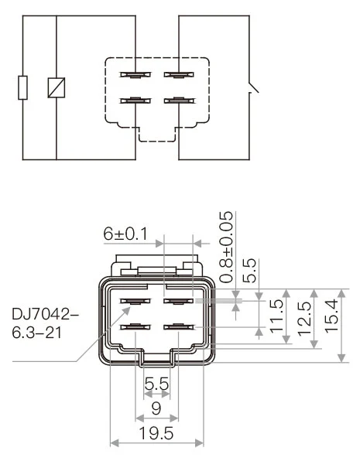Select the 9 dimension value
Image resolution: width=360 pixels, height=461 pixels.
156,408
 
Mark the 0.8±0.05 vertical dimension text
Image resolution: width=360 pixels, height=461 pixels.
227,246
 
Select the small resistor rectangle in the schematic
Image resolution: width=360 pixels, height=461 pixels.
23,87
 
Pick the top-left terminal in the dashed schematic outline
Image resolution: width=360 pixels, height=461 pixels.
134,76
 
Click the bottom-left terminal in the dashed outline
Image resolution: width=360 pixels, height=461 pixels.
134,100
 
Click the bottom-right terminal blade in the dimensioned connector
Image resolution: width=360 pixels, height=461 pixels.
177,328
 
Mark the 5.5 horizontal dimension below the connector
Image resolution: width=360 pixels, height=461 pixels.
156,382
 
